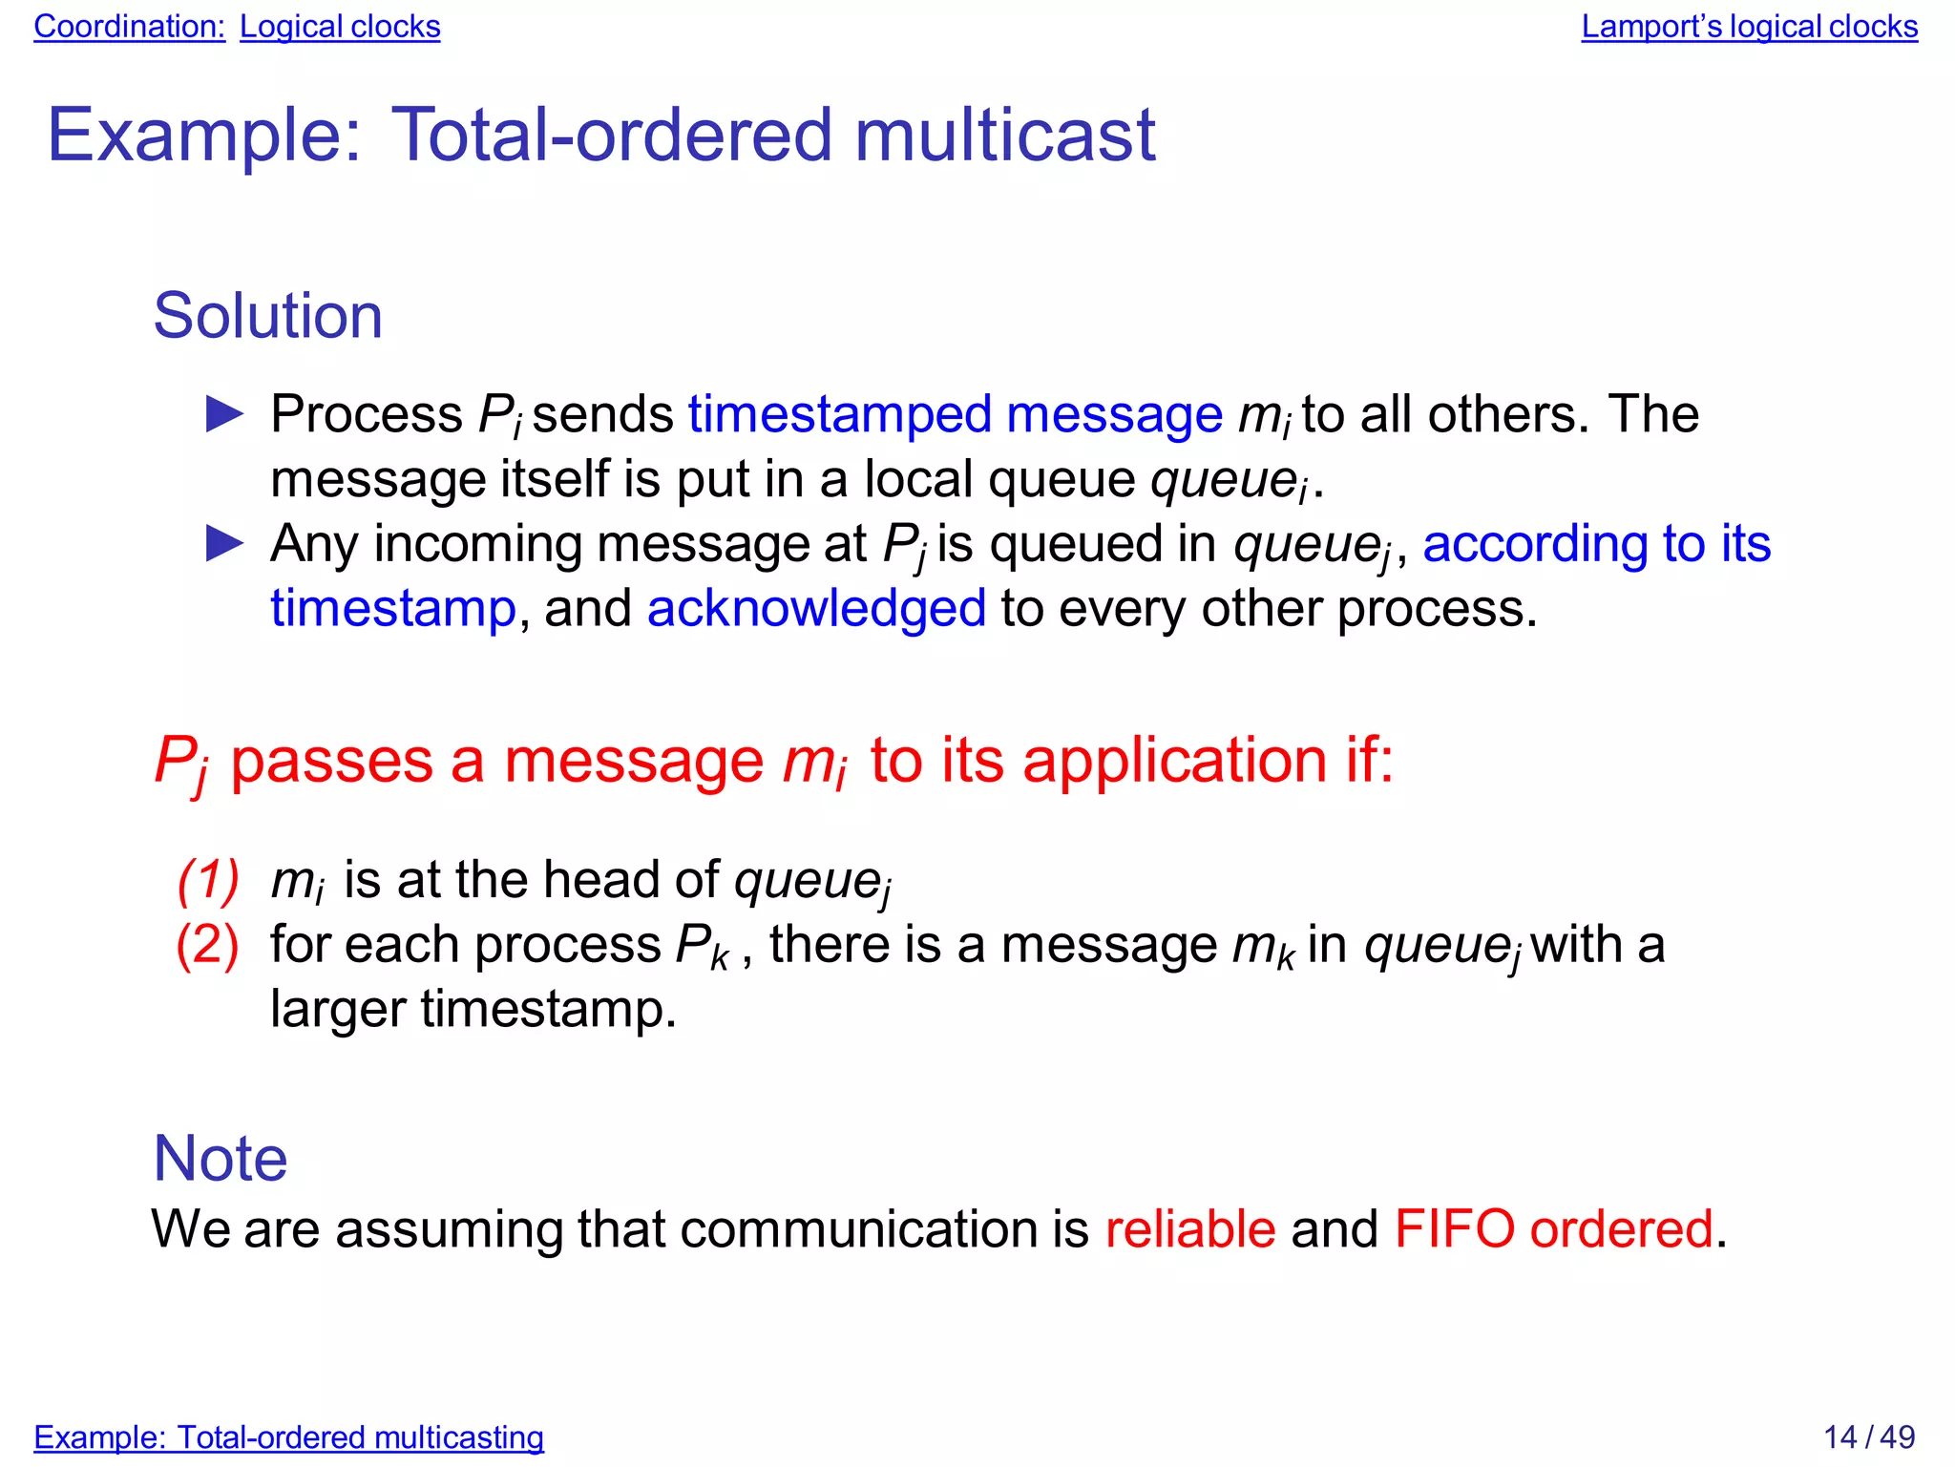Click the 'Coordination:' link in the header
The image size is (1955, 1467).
click(129, 27)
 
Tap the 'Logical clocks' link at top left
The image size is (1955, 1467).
click(340, 27)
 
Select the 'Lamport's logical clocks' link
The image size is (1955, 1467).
click(1749, 27)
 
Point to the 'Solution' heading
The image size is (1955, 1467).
click(267, 316)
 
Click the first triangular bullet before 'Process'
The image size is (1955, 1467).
click(225, 415)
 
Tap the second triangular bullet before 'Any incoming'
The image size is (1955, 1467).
click(225, 544)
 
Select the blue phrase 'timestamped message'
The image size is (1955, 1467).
click(955, 415)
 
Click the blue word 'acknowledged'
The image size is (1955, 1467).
click(816, 609)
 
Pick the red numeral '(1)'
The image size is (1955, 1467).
click(208, 880)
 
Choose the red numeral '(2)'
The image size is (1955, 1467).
click(208, 945)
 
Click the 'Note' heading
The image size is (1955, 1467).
click(220, 1159)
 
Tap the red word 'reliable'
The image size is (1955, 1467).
click(1189, 1228)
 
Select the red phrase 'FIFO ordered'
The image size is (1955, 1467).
click(1553, 1228)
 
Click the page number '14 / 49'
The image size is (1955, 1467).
click(1868, 1437)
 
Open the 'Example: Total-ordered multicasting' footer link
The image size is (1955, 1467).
click(288, 1437)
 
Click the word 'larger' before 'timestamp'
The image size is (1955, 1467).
click(338, 1010)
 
